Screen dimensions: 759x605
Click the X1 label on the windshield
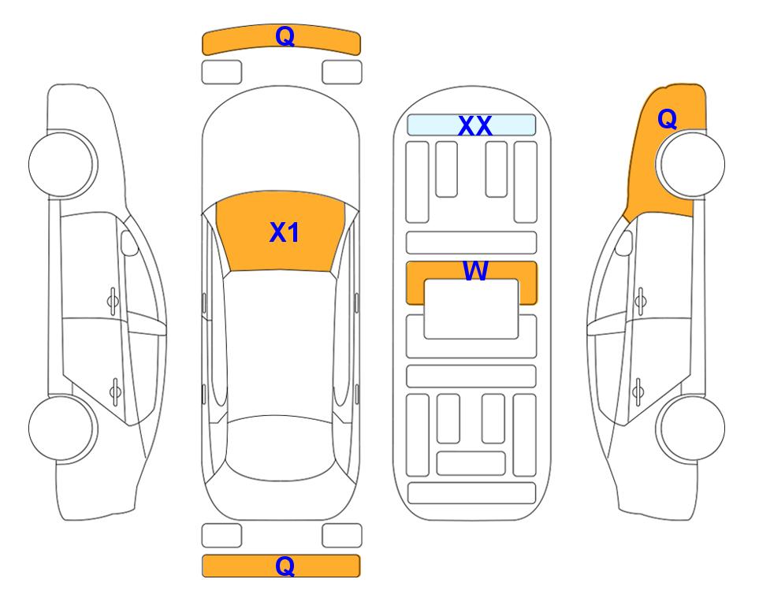pos(285,232)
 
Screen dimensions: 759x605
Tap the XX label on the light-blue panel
pos(474,126)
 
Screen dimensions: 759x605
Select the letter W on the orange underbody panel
pos(475,270)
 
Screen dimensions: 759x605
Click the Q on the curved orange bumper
pos(285,36)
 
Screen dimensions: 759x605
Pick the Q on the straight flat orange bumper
pos(285,566)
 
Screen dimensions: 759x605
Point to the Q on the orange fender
pos(667,119)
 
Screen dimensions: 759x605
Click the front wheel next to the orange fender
pos(690,164)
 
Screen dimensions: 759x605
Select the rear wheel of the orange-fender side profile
pos(690,428)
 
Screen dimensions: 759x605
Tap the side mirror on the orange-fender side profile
pos(623,243)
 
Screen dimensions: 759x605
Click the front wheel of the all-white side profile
pos(63,164)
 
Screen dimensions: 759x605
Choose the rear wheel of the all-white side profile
pos(63,428)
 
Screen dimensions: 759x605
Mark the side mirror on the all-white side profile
pos(129,243)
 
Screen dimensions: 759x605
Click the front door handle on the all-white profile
pos(113,301)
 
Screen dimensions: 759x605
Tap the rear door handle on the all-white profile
pos(115,391)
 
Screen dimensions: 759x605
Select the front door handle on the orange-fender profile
pos(641,301)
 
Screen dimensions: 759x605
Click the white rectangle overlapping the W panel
pos(471,309)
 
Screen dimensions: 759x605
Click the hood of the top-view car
pos(281,145)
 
